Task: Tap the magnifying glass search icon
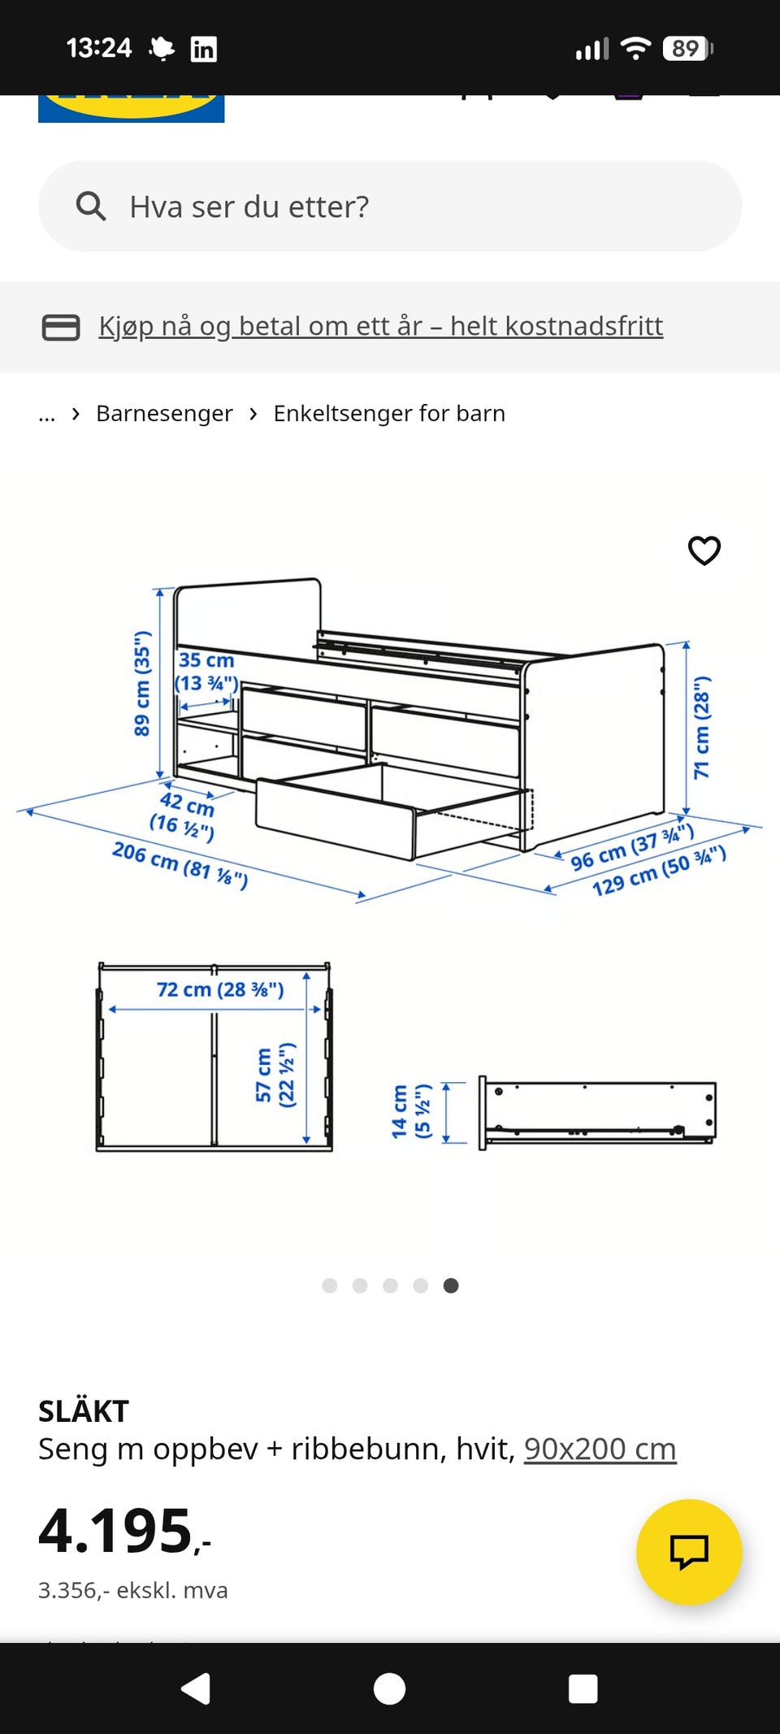click(91, 206)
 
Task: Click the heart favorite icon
click(704, 550)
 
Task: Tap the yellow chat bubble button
click(689, 1551)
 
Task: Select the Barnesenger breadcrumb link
click(164, 413)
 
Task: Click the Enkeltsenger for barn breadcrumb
click(389, 413)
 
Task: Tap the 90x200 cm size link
click(600, 1449)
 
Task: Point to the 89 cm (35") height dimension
click(142, 683)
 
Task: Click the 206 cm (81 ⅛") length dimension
click(180, 865)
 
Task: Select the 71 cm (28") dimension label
click(701, 728)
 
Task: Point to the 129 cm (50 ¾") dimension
click(659, 871)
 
